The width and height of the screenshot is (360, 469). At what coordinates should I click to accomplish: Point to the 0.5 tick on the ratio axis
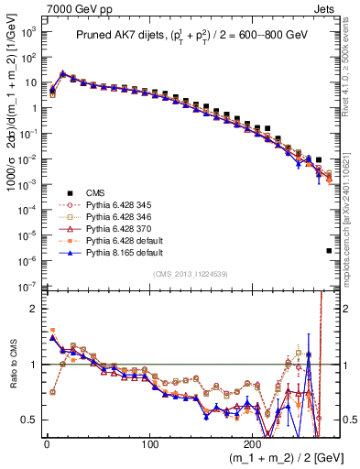(29, 420)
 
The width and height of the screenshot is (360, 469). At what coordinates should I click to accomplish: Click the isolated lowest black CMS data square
(329, 250)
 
